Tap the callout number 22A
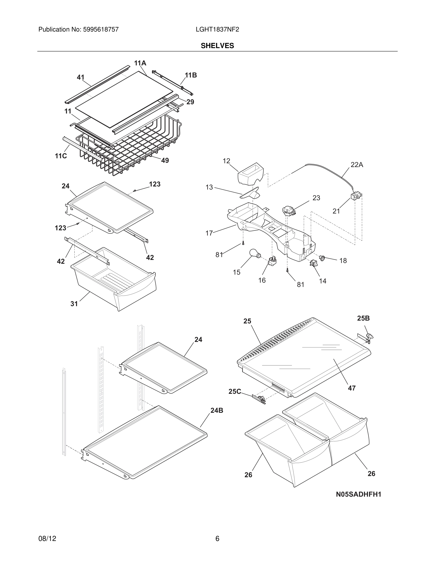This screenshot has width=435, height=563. coord(357,165)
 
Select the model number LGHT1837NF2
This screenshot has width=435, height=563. coord(217,30)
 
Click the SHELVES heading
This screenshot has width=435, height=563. coord(217,46)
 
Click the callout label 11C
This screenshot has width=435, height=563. coord(61,156)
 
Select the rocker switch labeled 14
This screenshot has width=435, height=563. coord(313,263)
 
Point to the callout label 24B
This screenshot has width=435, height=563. coord(217,410)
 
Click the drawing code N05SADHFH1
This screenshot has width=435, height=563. coord(358,494)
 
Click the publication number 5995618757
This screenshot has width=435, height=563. coord(101,30)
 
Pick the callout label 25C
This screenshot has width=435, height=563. coord(235,392)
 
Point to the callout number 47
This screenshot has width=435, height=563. coord(352,388)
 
